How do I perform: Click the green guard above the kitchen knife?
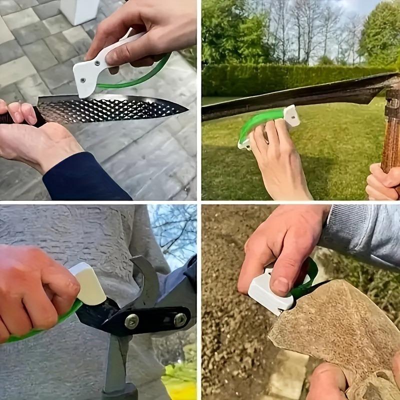(x=145, y=75)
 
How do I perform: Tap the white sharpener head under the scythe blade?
(x=291, y=115)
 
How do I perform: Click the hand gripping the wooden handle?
(x=382, y=182)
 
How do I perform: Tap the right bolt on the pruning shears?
(x=179, y=319)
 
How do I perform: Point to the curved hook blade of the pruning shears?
(x=145, y=280)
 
